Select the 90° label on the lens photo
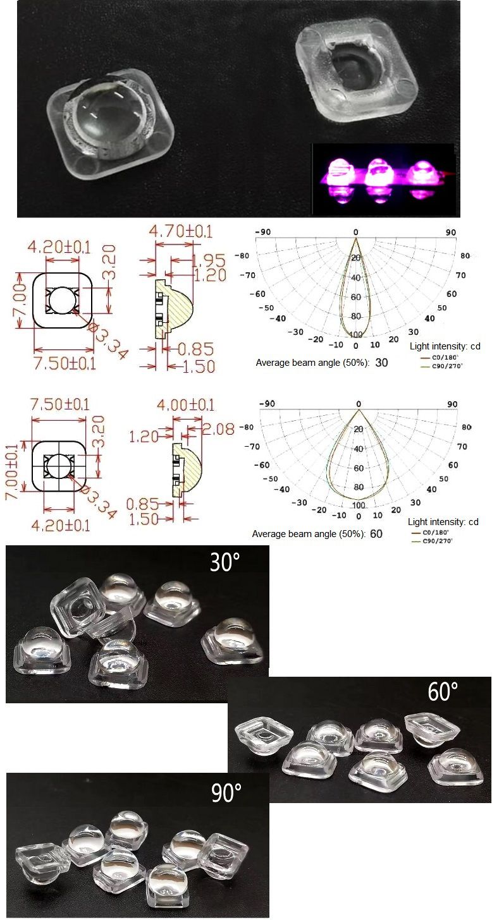click(x=226, y=792)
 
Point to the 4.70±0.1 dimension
click(x=181, y=231)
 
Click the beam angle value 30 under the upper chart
click(x=381, y=363)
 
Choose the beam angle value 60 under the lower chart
click(x=376, y=534)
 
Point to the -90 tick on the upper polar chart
click(x=262, y=233)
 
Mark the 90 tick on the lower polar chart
click(x=452, y=404)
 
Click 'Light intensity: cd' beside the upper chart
click(x=445, y=346)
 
